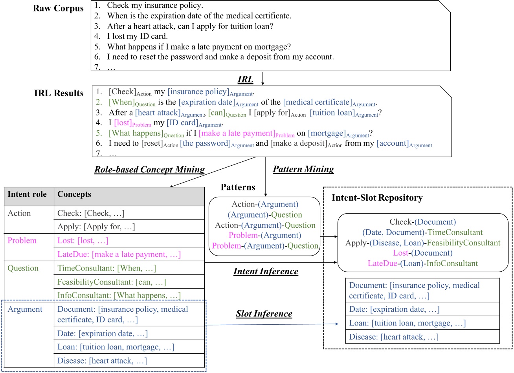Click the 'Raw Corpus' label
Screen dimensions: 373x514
(x=58, y=9)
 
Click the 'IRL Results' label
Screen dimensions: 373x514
(x=59, y=93)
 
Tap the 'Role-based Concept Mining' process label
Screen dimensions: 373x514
(x=149, y=170)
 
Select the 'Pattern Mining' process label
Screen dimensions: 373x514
(x=303, y=169)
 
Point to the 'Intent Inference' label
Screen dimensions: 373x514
(x=266, y=271)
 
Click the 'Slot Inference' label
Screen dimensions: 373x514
(x=264, y=314)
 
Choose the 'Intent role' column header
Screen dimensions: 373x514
(x=27, y=194)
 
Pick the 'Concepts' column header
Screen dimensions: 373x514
(x=74, y=194)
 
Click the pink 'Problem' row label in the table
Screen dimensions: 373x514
(x=22, y=241)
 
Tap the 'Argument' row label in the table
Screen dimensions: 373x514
(x=25, y=309)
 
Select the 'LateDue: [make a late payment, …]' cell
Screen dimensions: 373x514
(x=119, y=254)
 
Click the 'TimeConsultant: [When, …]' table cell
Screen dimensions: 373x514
(x=106, y=268)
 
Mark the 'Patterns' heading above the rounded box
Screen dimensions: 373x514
(x=238, y=187)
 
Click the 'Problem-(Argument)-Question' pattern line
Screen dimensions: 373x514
(x=265, y=246)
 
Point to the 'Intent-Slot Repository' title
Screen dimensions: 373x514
(x=377, y=197)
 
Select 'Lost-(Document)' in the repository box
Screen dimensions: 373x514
(x=423, y=253)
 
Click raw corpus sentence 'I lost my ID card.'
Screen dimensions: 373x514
(x=137, y=37)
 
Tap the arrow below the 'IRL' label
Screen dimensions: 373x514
(x=263, y=79)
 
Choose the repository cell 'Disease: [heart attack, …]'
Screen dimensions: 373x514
(x=394, y=337)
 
